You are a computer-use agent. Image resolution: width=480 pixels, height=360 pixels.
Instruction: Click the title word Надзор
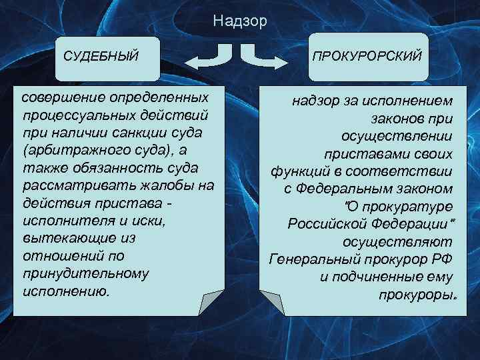click(240, 21)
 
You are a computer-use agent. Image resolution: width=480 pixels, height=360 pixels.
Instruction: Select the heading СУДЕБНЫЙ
click(101, 55)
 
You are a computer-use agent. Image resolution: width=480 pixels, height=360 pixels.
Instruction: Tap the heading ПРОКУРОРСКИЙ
click(367, 55)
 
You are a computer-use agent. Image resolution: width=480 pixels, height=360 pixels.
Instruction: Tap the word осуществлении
click(397, 136)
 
